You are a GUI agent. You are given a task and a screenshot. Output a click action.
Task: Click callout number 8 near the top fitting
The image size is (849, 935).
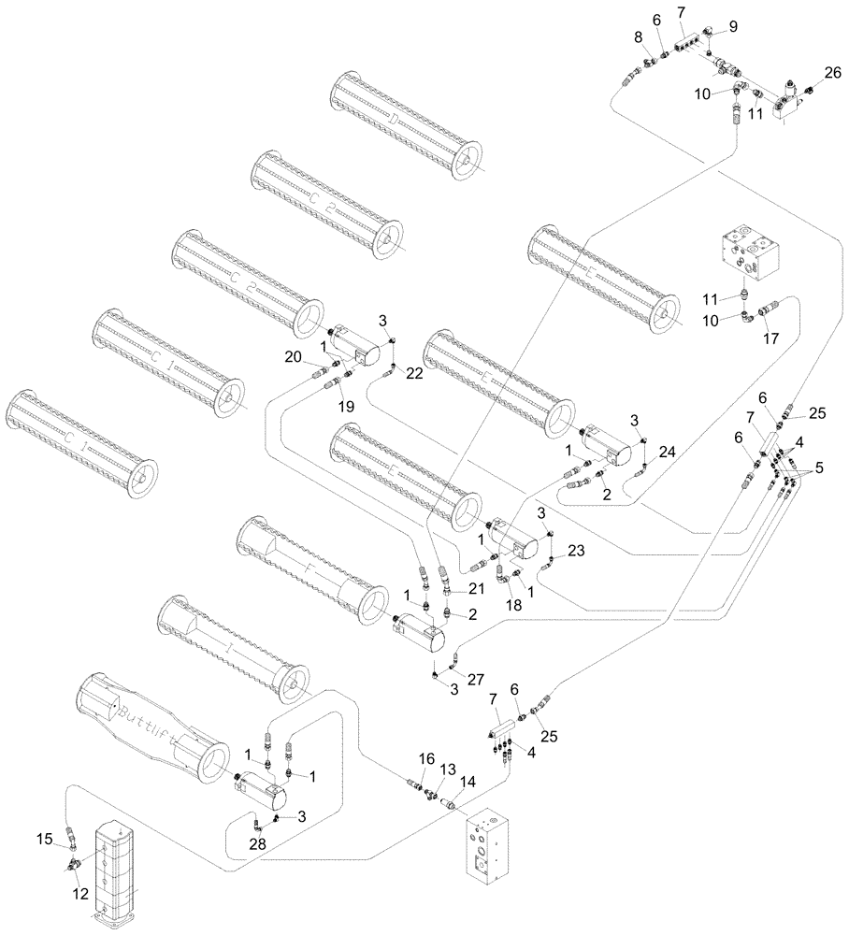(638, 38)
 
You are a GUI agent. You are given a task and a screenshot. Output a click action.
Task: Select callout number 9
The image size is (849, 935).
(733, 26)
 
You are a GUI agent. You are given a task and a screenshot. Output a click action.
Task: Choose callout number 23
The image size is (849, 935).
(576, 551)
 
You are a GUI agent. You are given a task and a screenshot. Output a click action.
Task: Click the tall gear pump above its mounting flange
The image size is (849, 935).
(116, 865)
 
